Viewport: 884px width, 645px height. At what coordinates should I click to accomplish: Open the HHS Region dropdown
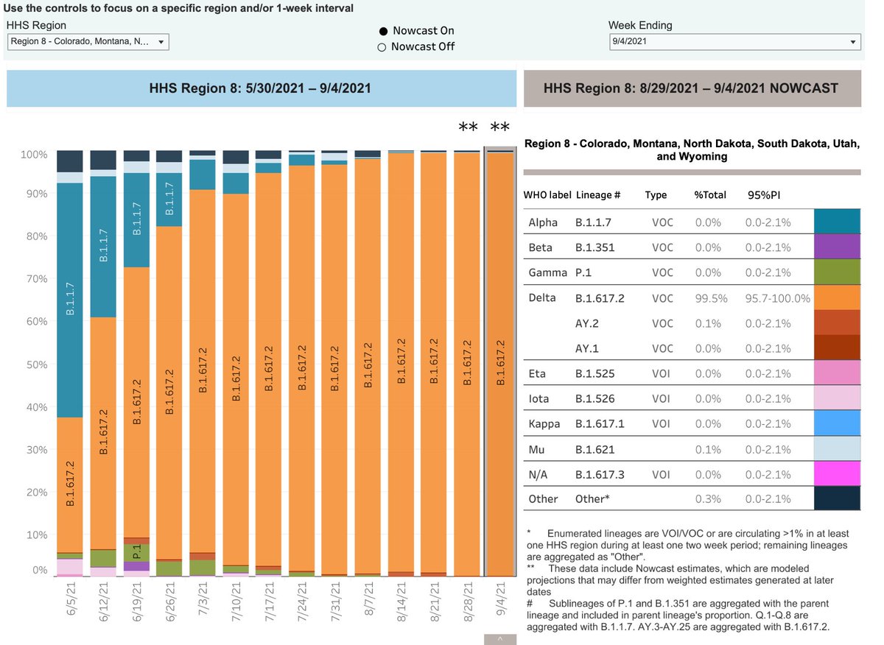click(x=88, y=42)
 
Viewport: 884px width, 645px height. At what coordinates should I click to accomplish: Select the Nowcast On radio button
click(x=382, y=31)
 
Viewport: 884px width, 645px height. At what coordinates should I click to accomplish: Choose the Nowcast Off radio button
click(x=382, y=47)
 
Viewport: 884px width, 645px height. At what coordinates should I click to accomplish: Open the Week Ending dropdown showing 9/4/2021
click(x=734, y=42)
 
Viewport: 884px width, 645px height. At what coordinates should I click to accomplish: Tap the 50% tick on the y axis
click(x=35, y=364)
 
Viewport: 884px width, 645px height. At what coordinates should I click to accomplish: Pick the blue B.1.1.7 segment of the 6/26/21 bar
click(x=169, y=199)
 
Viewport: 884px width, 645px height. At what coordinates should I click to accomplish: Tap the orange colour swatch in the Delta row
click(x=837, y=297)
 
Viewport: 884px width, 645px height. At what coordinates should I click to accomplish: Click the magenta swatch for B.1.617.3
click(x=837, y=473)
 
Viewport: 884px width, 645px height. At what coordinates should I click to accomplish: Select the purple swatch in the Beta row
click(x=837, y=247)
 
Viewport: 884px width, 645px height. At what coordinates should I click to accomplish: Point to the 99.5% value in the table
click(x=710, y=298)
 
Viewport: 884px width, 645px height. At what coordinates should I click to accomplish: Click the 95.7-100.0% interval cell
click(x=778, y=298)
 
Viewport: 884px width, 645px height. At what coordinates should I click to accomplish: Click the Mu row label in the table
click(x=536, y=449)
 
